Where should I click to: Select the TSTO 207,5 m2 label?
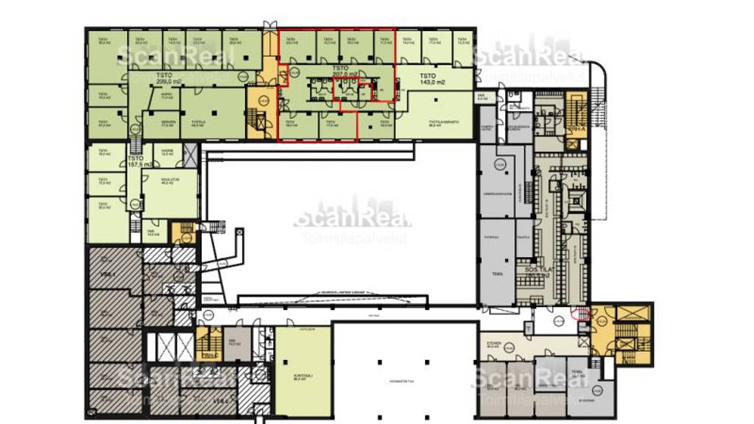coord(345,73)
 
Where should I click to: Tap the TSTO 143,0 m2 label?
coord(428,79)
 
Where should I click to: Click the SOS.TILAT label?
coord(540,272)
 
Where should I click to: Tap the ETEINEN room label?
coord(494,344)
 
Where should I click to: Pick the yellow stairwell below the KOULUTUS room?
coord(182,232)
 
